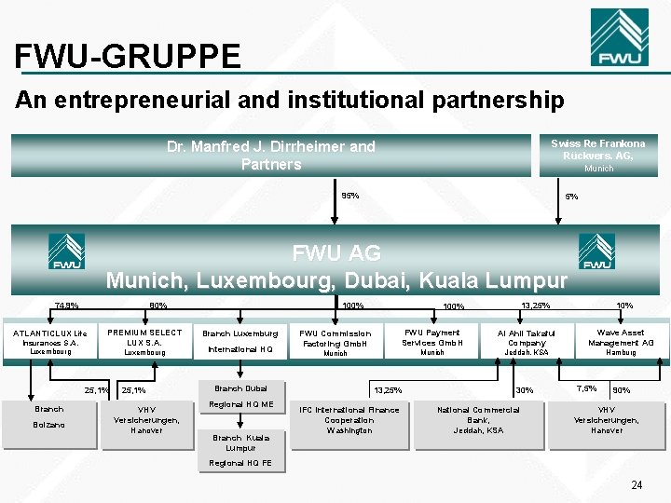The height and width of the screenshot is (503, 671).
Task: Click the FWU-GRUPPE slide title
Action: [x=128, y=57]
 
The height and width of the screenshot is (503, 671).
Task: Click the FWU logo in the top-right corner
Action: [x=619, y=38]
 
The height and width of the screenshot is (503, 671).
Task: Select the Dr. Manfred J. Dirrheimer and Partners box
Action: [x=271, y=156]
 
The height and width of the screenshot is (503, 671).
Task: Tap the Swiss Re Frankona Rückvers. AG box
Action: [x=598, y=156]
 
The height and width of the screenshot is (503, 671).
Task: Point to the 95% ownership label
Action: [x=350, y=196]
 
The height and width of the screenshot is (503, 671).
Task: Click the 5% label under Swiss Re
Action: [x=571, y=197]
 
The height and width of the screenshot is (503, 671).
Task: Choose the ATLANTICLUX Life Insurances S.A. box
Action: [x=50, y=342]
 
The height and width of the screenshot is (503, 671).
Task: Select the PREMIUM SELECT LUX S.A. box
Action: [x=144, y=342]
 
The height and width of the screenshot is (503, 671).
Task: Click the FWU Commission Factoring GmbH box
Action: [x=335, y=342]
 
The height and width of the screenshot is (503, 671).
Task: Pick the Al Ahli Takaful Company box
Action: [x=527, y=342]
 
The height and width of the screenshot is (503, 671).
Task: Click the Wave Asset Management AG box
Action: [x=620, y=342]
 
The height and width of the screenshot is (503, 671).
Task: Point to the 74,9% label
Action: [x=66, y=306]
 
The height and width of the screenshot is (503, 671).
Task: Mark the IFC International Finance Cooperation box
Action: [x=349, y=419]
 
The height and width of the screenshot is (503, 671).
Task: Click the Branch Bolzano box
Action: [x=49, y=417]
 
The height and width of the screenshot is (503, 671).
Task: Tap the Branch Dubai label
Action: [x=240, y=388]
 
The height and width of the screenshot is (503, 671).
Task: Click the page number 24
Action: [x=637, y=484]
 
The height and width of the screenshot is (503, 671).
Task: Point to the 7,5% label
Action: [x=586, y=388]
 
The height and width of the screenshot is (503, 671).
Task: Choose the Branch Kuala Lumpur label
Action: [x=240, y=442]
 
